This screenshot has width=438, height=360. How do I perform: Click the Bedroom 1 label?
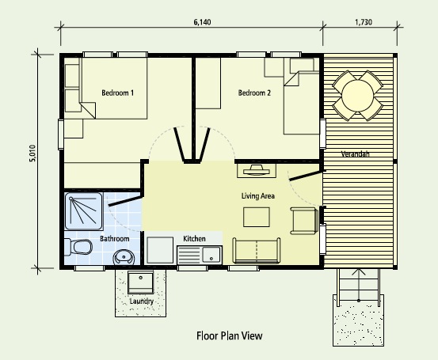pos(117,93)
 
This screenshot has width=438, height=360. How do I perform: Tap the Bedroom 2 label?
pos(254,93)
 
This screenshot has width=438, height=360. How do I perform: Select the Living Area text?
pos(258,196)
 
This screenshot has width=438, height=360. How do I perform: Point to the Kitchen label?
pos(194,239)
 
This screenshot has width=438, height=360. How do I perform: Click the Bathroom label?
pos(115,239)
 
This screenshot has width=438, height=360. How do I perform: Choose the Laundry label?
pos(141,301)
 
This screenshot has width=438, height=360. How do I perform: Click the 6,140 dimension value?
pos(202,22)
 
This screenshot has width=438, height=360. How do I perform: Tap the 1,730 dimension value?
pos(364,22)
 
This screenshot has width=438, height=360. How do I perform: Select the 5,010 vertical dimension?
pos(32,153)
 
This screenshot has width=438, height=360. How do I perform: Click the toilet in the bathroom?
pos(78,247)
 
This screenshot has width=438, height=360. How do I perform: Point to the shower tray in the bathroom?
pos(83,211)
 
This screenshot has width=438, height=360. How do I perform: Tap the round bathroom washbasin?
pos(124,257)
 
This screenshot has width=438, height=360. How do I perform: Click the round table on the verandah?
pos(357,96)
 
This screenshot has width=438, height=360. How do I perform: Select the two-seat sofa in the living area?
pos(257,251)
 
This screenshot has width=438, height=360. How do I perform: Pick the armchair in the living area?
pos(304,221)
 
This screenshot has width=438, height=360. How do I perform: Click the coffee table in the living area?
pos(257,217)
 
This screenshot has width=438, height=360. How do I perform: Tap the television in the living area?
pos(257,170)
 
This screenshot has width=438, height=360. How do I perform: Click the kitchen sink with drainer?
pos(200,255)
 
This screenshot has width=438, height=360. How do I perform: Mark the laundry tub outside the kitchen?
pos(140,282)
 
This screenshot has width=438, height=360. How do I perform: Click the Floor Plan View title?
pos(230,335)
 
